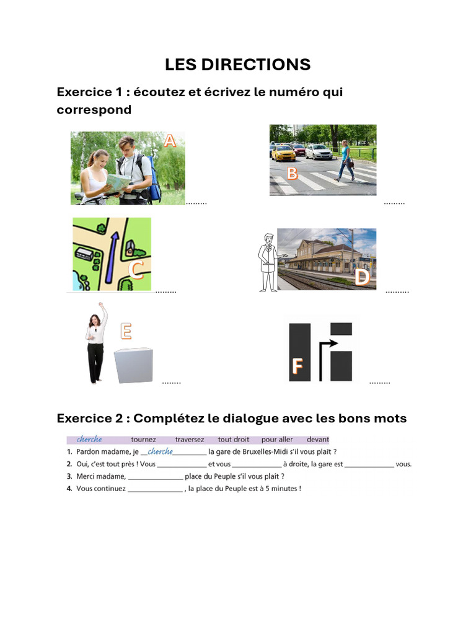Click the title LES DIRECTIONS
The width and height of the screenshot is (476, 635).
click(237, 64)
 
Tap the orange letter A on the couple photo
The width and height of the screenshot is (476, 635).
click(169, 142)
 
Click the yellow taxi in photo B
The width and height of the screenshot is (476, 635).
click(283, 153)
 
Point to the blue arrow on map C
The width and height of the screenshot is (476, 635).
click(112, 254)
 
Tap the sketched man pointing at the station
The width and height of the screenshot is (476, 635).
click(268, 262)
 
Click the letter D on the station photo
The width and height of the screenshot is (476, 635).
click(362, 277)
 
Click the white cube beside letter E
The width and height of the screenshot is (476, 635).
click(134, 366)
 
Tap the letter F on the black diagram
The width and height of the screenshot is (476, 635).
click(297, 367)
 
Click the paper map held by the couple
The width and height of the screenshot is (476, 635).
click(118, 180)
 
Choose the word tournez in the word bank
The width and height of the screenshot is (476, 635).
click(143, 439)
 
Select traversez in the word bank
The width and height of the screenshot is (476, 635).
click(189, 439)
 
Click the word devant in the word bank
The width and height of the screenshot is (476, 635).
click(317, 439)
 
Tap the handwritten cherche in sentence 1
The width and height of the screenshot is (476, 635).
click(161, 451)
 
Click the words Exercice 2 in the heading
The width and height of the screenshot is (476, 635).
click(91, 418)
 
